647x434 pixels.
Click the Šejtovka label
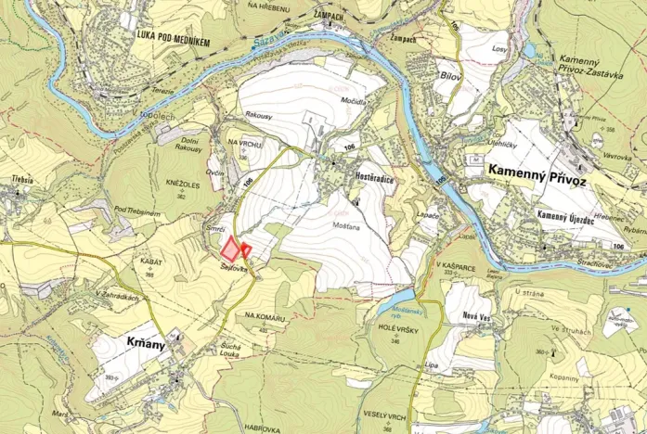click(234, 267)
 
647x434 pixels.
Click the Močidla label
click(353, 98)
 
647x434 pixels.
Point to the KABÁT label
click(151, 262)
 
